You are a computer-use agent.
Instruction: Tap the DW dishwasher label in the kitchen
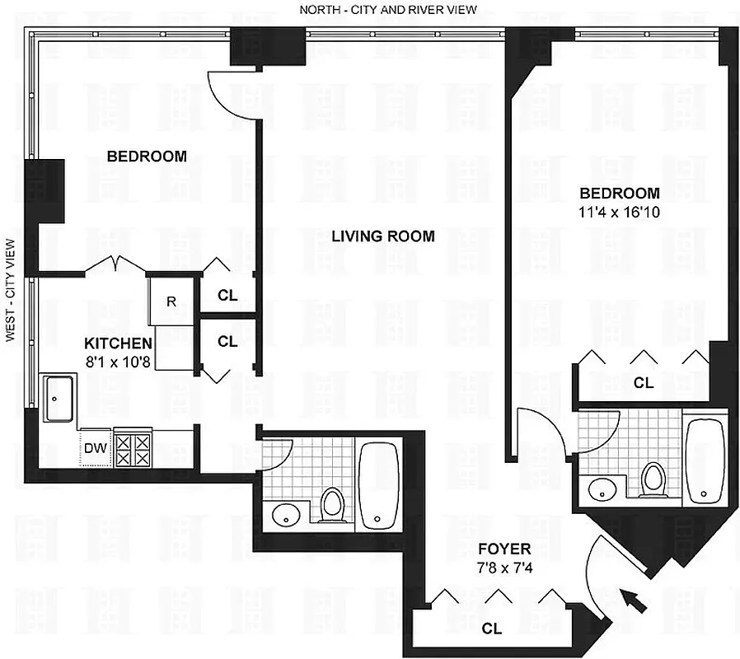pos(94,449)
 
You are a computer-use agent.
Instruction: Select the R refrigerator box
pos(171,301)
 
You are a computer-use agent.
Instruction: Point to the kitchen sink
pos(59,398)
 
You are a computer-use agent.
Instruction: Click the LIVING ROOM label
pos(382,236)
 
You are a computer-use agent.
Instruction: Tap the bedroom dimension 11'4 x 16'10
pos(619,211)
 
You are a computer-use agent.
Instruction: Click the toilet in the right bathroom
pos(653,479)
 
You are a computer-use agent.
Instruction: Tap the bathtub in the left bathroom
pos(378,483)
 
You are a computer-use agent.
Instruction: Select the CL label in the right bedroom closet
pos(643,383)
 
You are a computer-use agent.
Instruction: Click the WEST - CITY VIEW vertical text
pos(12,290)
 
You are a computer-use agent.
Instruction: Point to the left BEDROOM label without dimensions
pos(147,156)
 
